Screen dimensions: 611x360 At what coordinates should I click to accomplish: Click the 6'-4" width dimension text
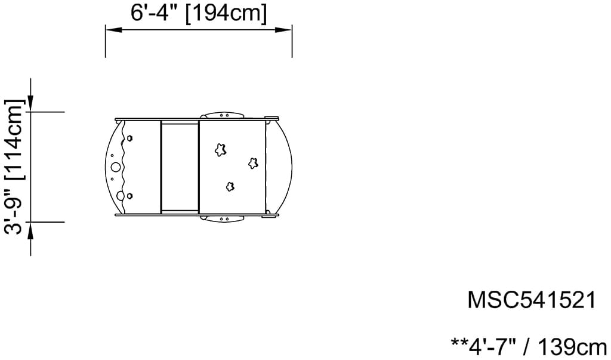point(155,13)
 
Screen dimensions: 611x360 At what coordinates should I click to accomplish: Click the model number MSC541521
point(532,300)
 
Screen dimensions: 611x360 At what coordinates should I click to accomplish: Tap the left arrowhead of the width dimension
point(114,30)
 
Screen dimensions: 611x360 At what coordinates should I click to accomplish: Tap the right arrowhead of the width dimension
point(283,30)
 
